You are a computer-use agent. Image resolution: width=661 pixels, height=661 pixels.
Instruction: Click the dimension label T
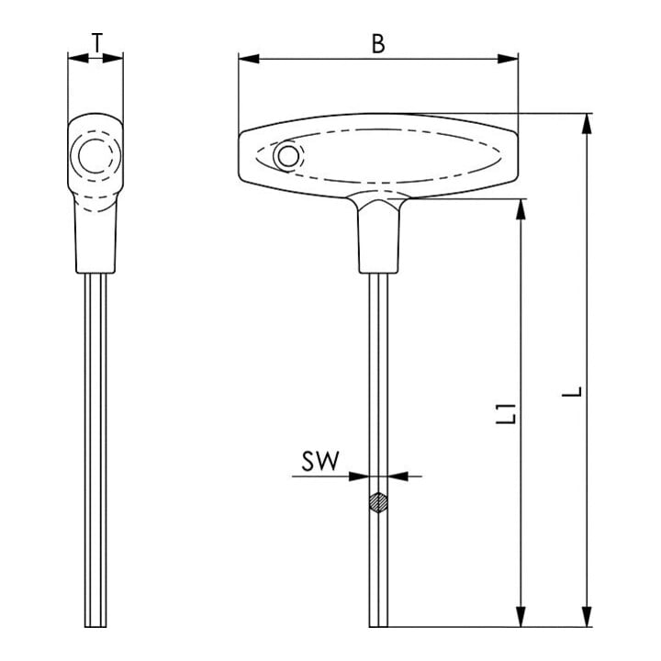tap(97, 42)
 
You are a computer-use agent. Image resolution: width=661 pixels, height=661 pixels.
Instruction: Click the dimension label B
tap(378, 43)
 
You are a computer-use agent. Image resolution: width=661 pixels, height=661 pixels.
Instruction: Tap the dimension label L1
tap(506, 413)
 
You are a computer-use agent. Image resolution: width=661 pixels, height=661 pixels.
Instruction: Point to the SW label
tap(320, 461)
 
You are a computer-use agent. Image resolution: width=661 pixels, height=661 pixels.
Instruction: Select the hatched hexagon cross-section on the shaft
tap(378, 502)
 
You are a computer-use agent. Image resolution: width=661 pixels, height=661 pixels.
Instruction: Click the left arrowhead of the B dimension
tap(249, 59)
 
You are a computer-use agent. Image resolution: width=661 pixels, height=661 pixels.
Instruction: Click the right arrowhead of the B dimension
tap(508, 59)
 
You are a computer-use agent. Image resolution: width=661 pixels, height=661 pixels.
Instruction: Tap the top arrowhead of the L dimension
tap(587, 124)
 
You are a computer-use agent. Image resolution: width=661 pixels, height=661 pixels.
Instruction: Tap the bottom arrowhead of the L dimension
tap(587, 616)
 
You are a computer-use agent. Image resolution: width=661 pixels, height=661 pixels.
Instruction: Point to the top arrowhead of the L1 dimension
tap(521, 209)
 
